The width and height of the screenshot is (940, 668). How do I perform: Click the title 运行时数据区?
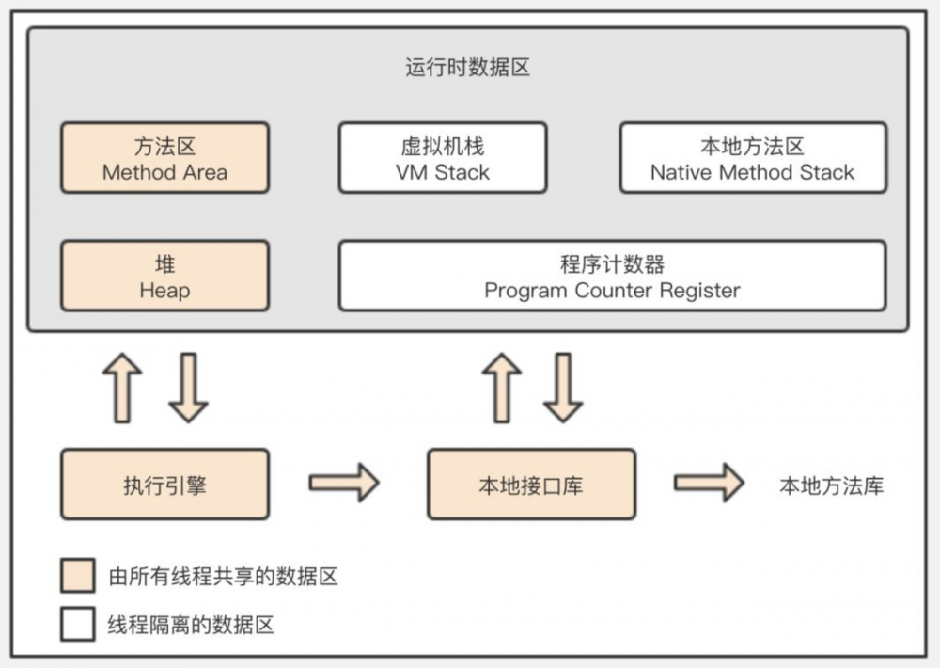[468, 69]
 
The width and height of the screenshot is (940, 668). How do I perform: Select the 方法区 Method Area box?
[164, 158]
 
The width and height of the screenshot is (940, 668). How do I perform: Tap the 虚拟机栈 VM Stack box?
[442, 158]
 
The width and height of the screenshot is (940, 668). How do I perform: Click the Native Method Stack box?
[752, 158]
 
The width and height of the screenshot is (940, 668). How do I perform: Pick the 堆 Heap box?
[164, 276]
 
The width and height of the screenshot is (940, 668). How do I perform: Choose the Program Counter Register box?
[612, 276]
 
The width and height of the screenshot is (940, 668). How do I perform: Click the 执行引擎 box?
[164, 485]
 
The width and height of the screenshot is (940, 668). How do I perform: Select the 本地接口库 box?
[531, 485]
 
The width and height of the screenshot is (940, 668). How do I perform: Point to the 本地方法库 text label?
[831, 485]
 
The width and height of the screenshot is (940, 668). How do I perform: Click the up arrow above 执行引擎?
[122, 388]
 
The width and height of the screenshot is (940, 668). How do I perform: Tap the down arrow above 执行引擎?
[188, 388]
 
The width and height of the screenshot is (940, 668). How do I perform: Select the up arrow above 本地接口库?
[502, 388]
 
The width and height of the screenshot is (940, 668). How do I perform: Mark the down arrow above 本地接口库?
[563, 388]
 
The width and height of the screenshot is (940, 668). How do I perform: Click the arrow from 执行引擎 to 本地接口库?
[344, 484]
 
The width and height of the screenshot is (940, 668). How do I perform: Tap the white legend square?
[78, 624]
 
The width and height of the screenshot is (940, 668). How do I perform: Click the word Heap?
[164, 291]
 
